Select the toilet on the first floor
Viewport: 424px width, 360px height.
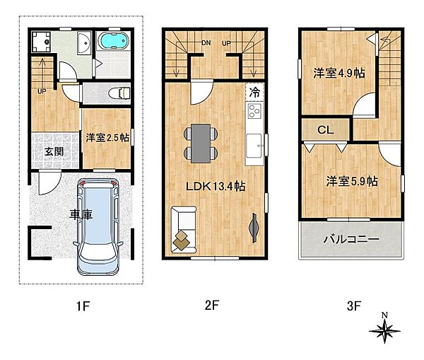(121, 92)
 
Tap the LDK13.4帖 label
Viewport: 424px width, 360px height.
(216, 186)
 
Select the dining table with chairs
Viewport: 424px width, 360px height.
(200, 141)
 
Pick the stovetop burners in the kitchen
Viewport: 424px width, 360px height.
(254, 112)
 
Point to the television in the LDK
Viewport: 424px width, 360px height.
(254, 228)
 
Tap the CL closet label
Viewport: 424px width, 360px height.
(326, 130)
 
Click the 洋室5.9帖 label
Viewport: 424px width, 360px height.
(351, 182)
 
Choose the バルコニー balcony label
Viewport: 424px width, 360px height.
(351, 240)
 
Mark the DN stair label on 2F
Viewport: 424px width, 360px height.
(206, 43)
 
